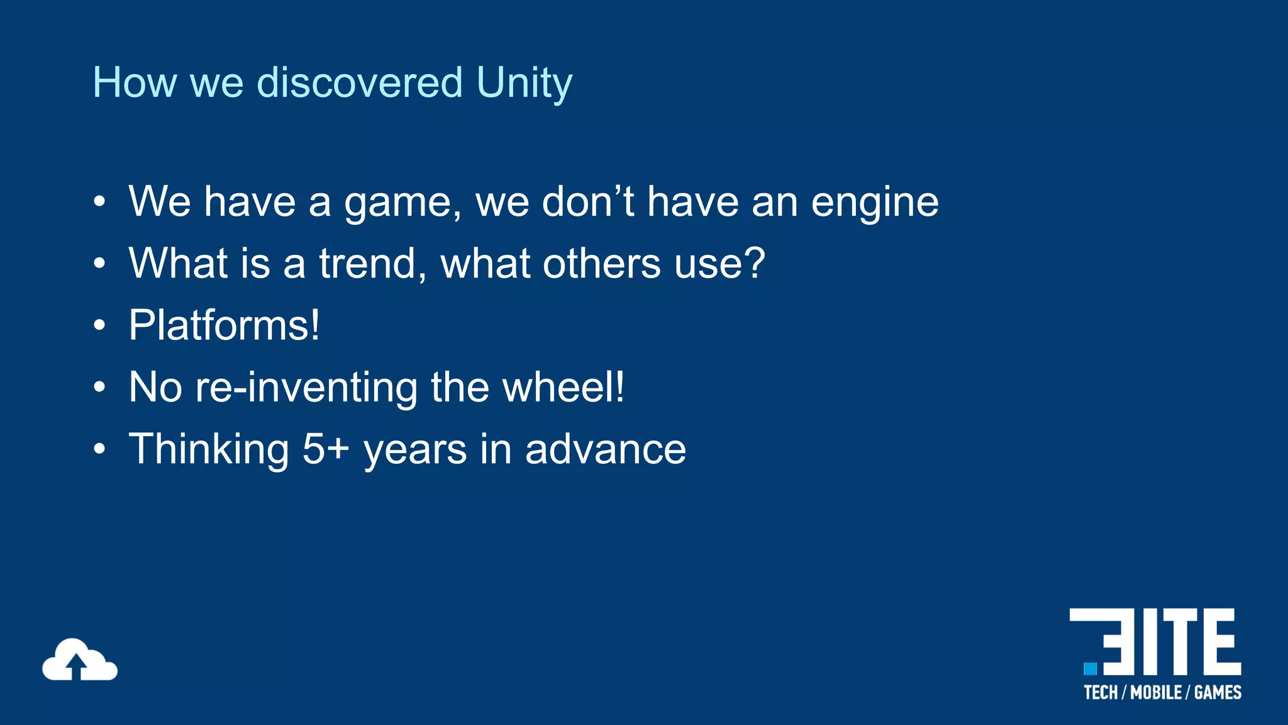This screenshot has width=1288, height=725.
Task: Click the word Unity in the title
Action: point(524,83)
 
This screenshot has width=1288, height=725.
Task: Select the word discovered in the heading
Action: point(360,83)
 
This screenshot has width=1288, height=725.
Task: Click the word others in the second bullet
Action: point(601,263)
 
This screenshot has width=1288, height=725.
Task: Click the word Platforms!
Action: point(225,325)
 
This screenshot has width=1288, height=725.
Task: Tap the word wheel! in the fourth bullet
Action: point(563,386)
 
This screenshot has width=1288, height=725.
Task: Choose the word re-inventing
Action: point(306,388)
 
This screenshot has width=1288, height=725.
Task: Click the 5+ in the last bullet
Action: point(325,449)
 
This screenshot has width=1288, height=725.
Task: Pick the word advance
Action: point(605,449)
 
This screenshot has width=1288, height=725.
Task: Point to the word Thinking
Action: point(209,449)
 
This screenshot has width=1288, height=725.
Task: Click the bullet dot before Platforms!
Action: point(99,325)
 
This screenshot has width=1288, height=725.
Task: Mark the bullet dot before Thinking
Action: point(99,449)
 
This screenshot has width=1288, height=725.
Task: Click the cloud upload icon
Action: point(79,660)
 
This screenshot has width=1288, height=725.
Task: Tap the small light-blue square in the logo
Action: point(1090,668)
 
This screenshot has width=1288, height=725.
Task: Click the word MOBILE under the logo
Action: point(1156,693)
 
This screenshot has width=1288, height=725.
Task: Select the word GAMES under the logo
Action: point(1218,693)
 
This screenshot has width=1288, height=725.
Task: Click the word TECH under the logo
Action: point(1101,693)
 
